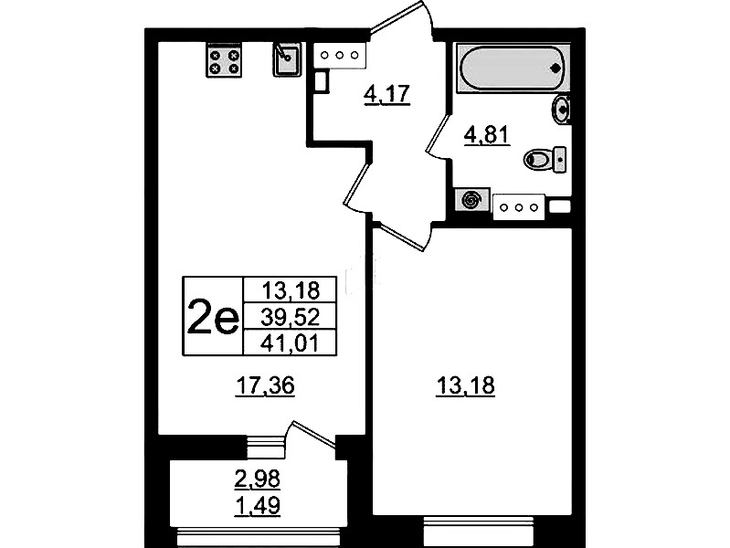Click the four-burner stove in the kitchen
point(224,60)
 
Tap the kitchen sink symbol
point(286,59)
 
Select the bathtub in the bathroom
point(513,68)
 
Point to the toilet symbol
point(545,160)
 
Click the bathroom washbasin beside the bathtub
point(562,110)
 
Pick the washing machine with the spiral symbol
point(472,200)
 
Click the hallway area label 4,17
point(386,95)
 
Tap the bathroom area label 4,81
point(488,135)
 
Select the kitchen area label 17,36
point(265,386)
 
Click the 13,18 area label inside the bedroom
point(465,386)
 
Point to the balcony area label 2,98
point(258,479)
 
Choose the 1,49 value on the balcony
point(258,506)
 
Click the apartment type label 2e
point(213,317)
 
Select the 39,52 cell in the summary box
point(290,317)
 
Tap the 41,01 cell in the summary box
point(290,343)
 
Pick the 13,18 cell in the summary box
point(290,290)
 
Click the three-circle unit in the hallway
point(339,56)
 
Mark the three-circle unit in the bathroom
point(519,207)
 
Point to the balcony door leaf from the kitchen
point(313,435)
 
